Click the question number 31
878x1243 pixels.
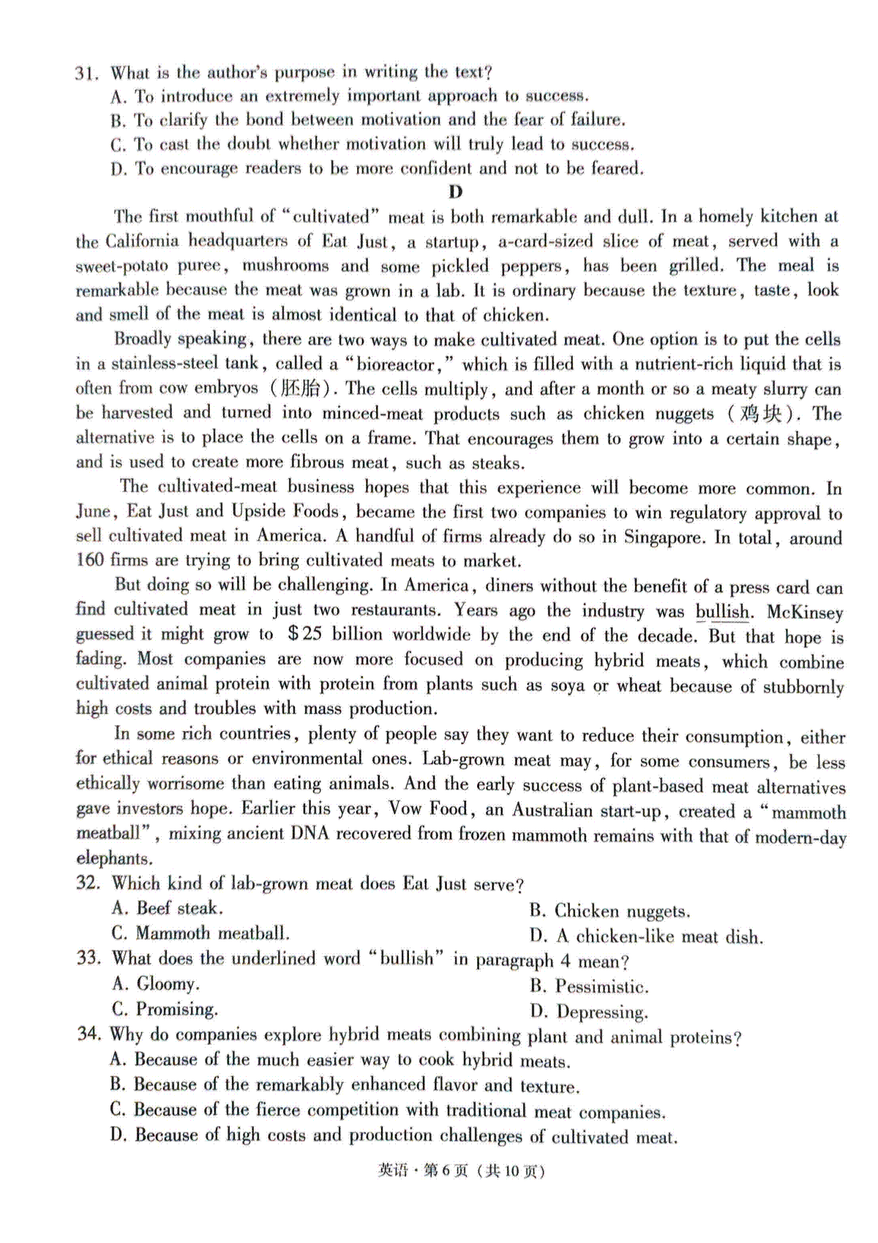(86, 73)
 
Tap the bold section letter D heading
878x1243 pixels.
(455, 192)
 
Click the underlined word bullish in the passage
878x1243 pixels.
(722, 612)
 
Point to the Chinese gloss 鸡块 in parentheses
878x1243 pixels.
(761, 414)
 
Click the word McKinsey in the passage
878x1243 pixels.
(805, 612)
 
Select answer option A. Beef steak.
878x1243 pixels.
(168, 909)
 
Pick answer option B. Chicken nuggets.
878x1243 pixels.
(609, 912)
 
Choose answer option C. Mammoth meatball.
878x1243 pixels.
(200, 934)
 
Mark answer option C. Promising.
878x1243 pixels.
(165, 1010)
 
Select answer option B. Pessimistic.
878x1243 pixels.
(589, 987)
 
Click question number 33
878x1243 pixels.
(89, 958)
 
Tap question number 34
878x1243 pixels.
(89, 1034)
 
